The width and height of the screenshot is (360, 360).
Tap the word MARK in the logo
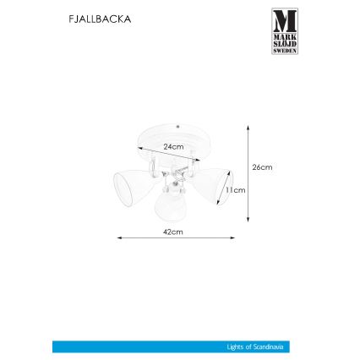point(285,35)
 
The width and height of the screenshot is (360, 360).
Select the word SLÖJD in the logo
point(285,42)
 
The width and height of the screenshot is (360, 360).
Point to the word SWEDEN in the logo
point(285,50)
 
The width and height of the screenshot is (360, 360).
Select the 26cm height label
point(262,167)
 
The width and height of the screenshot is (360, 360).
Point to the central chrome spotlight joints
point(175,176)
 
